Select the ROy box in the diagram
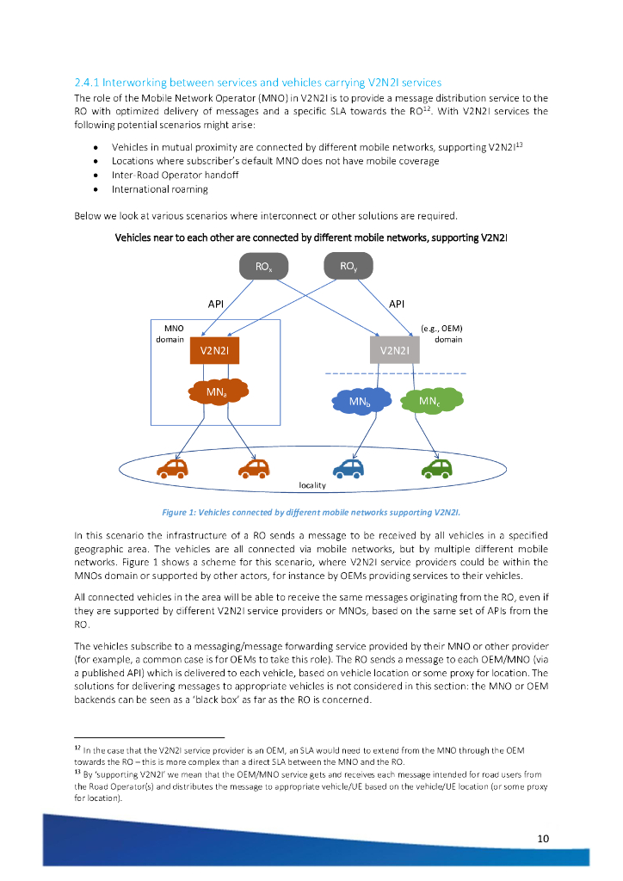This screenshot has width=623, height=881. (x=348, y=267)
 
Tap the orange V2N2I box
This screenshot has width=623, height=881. (x=214, y=350)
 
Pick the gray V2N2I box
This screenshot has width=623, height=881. (x=394, y=350)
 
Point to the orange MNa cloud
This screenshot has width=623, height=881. (x=216, y=392)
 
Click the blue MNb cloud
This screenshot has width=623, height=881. (x=358, y=401)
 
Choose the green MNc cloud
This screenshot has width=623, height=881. (x=431, y=400)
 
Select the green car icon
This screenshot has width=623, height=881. (x=437, y=467)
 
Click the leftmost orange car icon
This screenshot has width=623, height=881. (x=172, y=467)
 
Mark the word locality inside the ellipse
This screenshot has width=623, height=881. (x=311, y=485)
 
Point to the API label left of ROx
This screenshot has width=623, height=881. (x=216, y=304)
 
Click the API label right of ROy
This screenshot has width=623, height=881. (x=397, y=304)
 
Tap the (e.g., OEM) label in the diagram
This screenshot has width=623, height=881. (x=441, y=328)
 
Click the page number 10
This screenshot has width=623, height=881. (x=542, y=839)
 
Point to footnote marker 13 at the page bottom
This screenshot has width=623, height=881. (x=77, y=772)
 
